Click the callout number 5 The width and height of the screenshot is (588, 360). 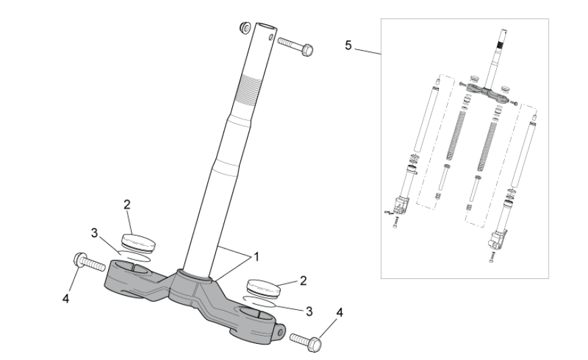pyautogui.click(x=348, y=45)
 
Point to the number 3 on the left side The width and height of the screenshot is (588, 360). pyautogui.click(x=95, y=233)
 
